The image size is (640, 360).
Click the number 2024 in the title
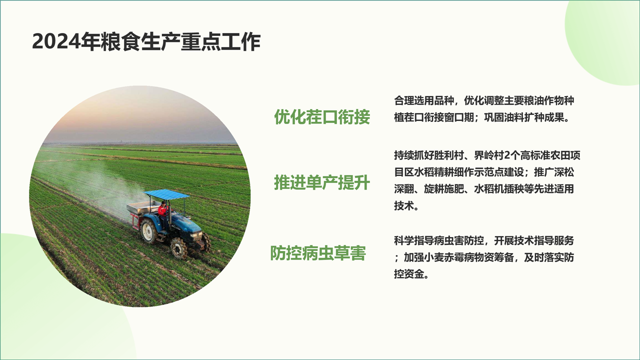coord(56,42)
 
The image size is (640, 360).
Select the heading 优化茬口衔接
coord(322,117)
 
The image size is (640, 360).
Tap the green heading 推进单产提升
coord(322,182)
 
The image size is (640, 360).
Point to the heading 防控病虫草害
coord(318,253)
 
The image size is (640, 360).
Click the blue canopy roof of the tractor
coord(166,194)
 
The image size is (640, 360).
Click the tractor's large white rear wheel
coord(148,231)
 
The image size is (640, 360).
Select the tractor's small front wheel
coord(179,248)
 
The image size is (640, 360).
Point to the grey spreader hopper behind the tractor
coord(143,207)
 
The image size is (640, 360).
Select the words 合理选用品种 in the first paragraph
coord(424,100)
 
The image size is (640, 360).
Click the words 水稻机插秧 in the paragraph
coord(499,189)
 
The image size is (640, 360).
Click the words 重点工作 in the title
coord(220,42)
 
